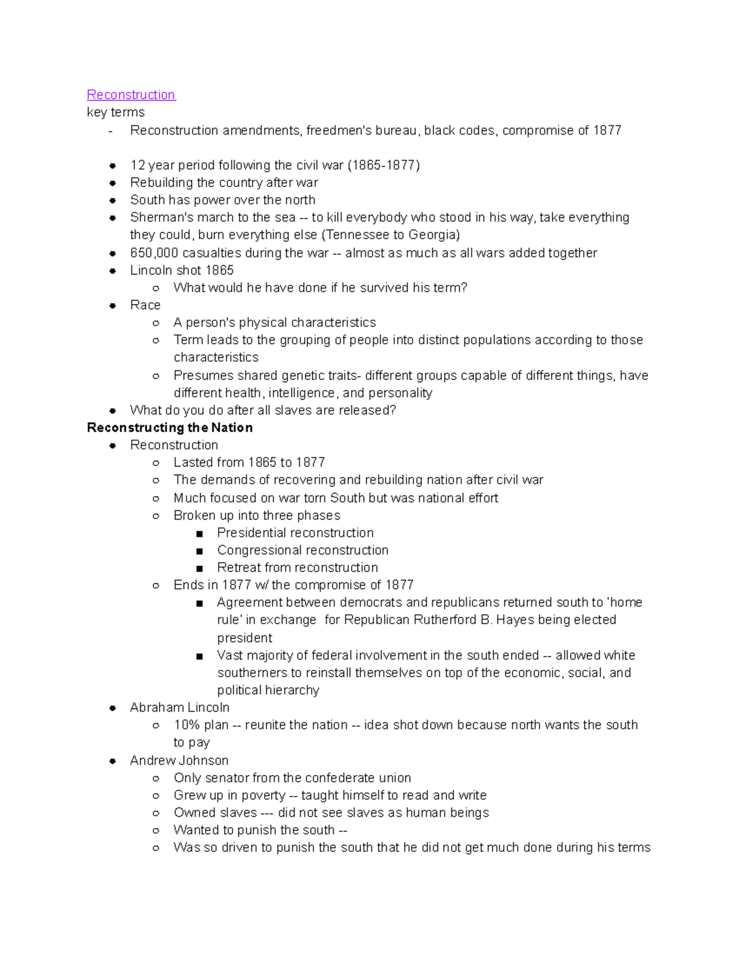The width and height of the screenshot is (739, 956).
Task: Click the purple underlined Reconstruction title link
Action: [131, 95]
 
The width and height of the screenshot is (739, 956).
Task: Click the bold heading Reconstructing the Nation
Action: [170, 428]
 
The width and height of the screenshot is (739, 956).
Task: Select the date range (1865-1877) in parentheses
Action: [384, 165]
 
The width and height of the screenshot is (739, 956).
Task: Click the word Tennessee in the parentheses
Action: [357, 235]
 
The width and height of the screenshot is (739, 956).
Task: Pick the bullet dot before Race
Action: [113, 305]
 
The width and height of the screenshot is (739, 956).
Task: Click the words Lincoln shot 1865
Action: [182, 270]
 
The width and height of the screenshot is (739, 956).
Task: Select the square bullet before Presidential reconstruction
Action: [200, 534]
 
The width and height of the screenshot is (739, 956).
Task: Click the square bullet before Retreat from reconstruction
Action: [200, 568]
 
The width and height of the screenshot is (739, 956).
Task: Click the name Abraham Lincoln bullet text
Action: [179, 708]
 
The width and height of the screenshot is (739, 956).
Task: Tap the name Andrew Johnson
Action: [179, 761]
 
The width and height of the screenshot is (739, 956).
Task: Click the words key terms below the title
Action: [116, 113]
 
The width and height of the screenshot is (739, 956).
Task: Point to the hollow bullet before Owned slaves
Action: [156, 813]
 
